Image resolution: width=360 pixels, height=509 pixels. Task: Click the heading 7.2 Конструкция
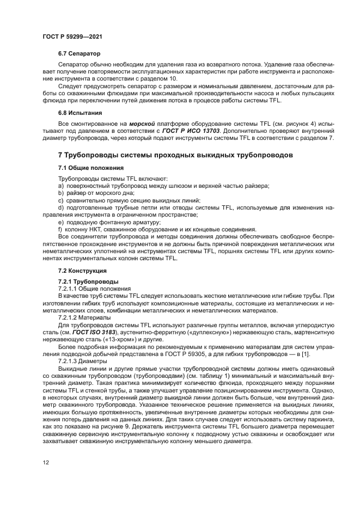coord(82,271)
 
